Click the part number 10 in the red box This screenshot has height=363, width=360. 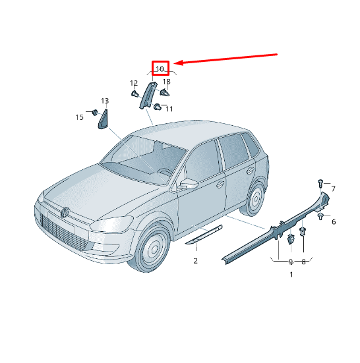pos(160,69)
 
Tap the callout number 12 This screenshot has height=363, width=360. pos(134,83)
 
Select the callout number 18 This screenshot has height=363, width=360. pos(167,82)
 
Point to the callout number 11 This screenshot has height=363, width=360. pos(169,109)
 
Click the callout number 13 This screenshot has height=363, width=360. pos(105,101)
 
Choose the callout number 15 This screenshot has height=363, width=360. pos(80,117)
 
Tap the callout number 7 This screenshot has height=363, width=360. pos(333,189)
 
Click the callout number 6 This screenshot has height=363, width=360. pos(334,222)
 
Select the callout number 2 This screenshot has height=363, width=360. pos(196,261)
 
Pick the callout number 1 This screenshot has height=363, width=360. pos(291,275)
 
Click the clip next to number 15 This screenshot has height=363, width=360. pos(95,112)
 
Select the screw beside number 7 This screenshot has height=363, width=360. pos(320,183)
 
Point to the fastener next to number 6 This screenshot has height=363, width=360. pos(320,217)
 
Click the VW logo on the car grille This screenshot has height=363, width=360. pos(65,212)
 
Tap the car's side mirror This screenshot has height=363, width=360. pos(189,184)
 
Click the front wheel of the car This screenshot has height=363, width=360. pos(152,248)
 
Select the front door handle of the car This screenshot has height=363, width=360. pos(220,184)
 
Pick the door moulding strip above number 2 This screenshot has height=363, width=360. pos(204,235)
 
